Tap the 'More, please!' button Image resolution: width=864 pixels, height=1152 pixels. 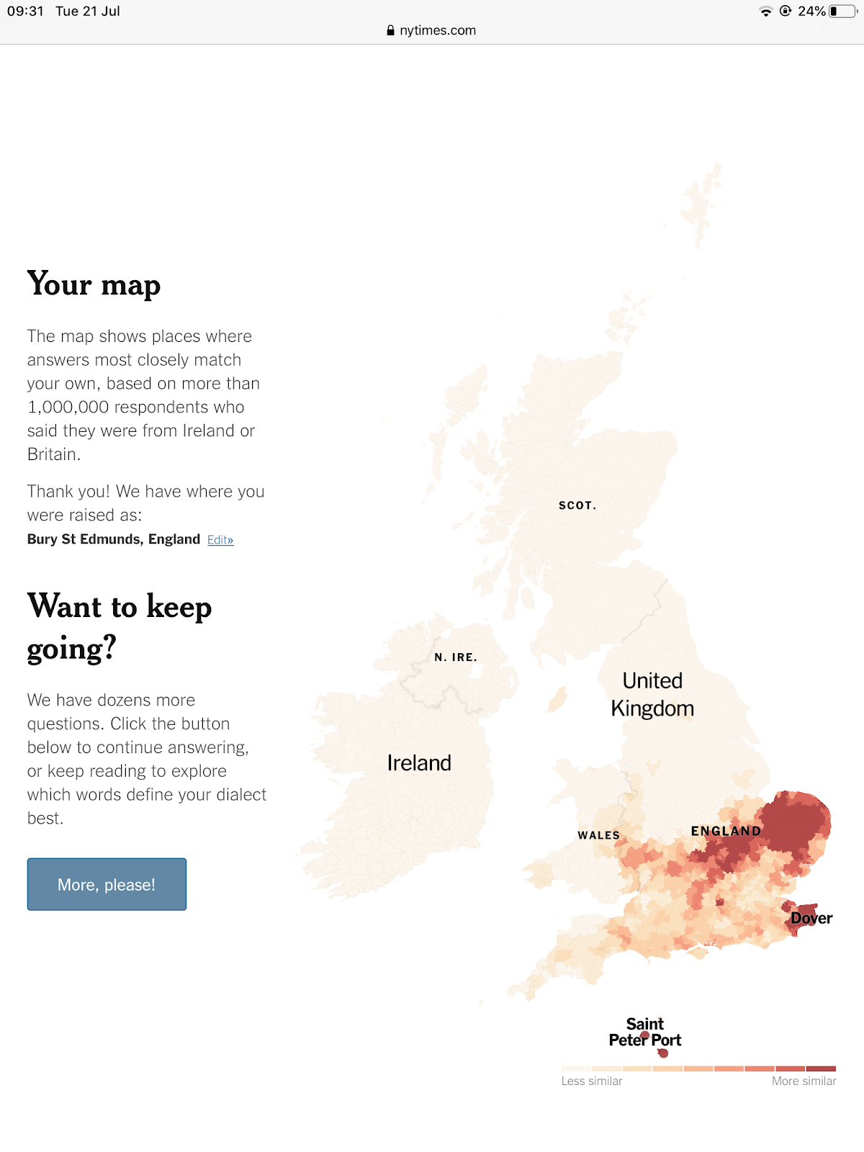pyautogui.click(x=107, y=884)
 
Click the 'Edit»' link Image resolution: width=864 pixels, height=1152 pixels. pyautogui.click(x=220, y=540)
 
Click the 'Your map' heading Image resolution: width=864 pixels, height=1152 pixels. pyautogui.click(x=94, y=284)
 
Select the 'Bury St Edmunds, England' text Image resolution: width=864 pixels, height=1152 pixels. pyautogui.click(x=113, y=539)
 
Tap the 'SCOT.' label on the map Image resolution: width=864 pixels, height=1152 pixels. pyautogui.click(x=577, y=505)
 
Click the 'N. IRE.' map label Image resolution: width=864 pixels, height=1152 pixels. pyautogui.click(x=456, y=657)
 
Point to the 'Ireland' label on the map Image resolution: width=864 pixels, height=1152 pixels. pyautogui.click(x=419, y=763)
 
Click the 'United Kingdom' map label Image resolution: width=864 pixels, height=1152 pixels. pyautogui.click(x=652, y=695)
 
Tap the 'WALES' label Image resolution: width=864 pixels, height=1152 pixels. pyautogui.click(x=598, y=835)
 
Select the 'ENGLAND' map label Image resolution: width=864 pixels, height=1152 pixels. pyautogui.click(x=726, y=832)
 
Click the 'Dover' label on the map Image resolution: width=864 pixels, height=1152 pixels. pyautogui.click(x=811, y=918)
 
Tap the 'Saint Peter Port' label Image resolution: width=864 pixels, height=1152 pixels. pyautogui.click(x=645, y=1032)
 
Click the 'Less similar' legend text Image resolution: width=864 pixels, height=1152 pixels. pyautogui.click(x=592, y=1081)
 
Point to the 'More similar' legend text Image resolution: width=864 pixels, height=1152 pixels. pyautogui.click(x=804, y=1081)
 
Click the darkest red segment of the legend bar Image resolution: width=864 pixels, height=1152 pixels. pyautogui.click(x=821, y=1068)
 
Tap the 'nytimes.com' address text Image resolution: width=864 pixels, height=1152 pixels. pyautogui.click(x=437, y=30)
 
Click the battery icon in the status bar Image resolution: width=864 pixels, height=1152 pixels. pyautogui.click(x=842, y=12)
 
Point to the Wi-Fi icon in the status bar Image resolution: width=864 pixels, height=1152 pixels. pyautogui.click(x=765, y=12)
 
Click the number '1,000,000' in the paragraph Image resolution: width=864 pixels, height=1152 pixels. pyautogui.click(x=68, y=408)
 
